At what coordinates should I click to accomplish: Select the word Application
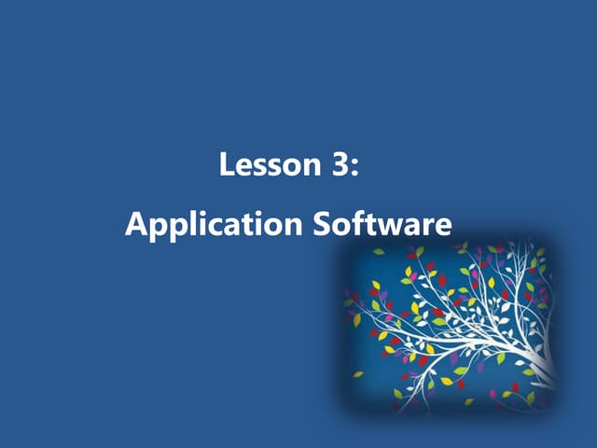[214, 226]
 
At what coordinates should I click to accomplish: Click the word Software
[382, 224]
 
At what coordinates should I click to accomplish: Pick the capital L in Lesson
[226, 167]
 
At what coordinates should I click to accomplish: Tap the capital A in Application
[136, 224]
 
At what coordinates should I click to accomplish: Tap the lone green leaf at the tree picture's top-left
[379, 251]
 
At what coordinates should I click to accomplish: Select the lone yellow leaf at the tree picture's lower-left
[357, 374]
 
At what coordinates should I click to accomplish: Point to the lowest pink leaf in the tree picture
[493, 394]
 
